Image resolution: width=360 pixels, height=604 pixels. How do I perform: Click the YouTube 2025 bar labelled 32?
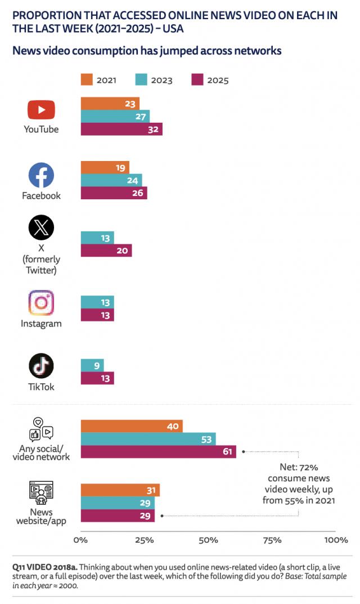[x=121, y=129]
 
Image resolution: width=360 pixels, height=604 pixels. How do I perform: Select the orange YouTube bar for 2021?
[x=110, y=103]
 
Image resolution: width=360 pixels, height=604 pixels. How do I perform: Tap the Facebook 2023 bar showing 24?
[x=111, y=180]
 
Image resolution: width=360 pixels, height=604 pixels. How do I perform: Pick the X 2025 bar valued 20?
[x=106, y=250]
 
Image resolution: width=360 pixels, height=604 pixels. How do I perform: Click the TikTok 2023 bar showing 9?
[x=92, y=365]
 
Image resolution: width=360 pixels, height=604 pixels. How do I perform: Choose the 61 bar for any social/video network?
[x=159, y=451]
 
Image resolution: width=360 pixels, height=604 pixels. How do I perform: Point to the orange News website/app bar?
[x=120, y=490]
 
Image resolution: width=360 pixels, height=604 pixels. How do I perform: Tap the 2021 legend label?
[x=106, y=80]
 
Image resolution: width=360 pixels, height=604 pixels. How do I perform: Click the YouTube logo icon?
[x=41, y=110]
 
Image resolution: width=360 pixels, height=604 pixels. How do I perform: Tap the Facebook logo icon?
[x=41, y=176]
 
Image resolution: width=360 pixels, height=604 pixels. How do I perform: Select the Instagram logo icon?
[x=41, y=303]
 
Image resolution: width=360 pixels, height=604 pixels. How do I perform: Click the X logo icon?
[x=41, y=229]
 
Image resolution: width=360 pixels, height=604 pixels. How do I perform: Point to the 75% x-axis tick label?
[x=272, y=540]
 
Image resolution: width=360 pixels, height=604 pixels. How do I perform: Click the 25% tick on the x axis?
[x=145, y=540]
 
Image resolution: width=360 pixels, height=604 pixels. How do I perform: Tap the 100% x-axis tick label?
[x=336, y=540]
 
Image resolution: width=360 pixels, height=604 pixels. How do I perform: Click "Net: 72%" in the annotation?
[x=299, y=467]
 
